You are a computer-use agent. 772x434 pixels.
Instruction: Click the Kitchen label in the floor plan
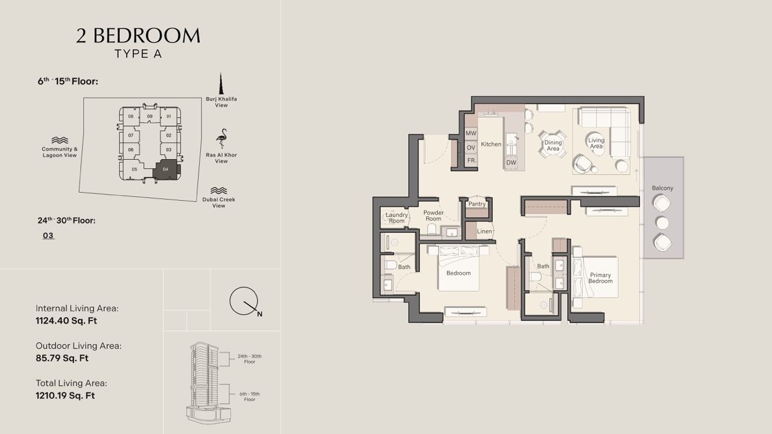491,144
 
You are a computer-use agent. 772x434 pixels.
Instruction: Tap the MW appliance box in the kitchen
471,133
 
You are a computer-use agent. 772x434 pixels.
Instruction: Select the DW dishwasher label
511,163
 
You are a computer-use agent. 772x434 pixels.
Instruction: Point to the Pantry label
477,204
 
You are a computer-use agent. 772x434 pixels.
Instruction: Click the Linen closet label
484,231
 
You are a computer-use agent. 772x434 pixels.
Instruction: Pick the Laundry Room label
396,218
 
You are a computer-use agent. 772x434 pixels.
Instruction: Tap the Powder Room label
433,216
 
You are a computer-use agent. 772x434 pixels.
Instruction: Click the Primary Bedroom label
600,278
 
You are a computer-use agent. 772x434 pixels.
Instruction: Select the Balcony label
662,188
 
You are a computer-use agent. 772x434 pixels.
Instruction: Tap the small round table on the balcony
662,223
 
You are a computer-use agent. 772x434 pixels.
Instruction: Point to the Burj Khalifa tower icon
221,83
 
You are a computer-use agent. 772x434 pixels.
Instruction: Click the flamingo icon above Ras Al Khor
221,139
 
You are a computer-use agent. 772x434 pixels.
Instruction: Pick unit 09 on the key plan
150,116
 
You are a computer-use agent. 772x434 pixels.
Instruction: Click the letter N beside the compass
260,314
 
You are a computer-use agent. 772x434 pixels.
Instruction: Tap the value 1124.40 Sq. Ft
66,321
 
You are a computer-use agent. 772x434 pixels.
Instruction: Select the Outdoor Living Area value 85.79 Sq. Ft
62,358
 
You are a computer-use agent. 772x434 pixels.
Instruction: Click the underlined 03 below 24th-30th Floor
48,236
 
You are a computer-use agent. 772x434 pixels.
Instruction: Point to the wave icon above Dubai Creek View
218,191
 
